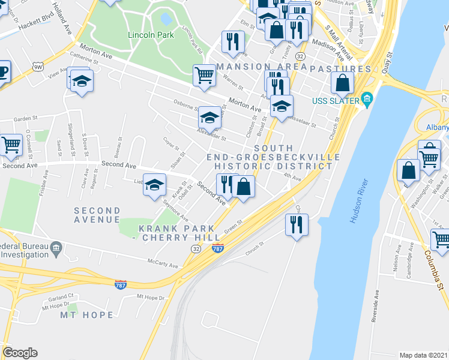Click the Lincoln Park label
pyautogui.click(x=151, y=35)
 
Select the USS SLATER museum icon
pyautogui.click(x=367, y=98)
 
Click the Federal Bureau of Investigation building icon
pyautogui.click(x=56, y=247)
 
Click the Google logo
pyautogui.click(x=20, y=353)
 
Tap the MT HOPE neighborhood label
pyautogui.click(x=86, y=314)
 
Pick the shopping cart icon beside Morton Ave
pyautogui.click(x=204, y=76)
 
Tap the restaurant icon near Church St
pyautogui.click(x=297, y=224)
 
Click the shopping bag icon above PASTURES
pyautogui.click(x=342, y=83)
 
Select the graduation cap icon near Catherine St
pyautogui.click(x=81, y=80)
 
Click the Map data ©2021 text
pyautogui.click(x=423, y=355)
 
